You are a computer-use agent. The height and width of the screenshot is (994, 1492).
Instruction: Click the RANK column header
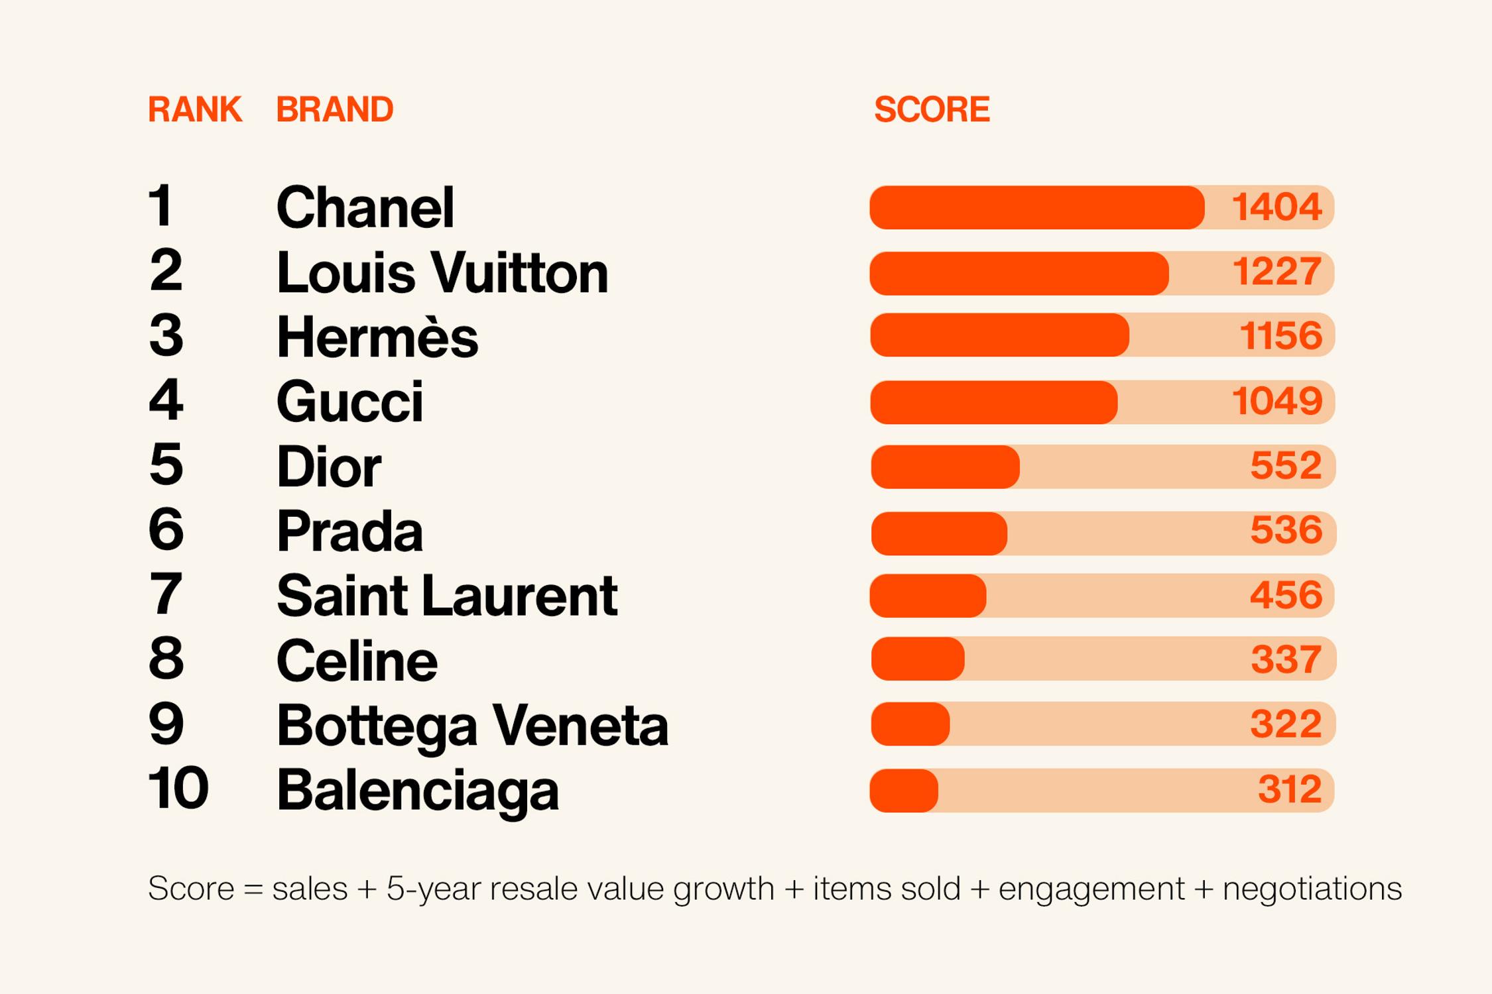(x=194, y=109)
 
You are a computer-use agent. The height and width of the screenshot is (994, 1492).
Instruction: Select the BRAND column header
(x=334, y=109)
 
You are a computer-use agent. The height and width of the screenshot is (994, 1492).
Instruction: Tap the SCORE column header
(x=932, y=109)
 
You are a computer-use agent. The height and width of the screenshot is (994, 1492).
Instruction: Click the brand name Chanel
(x=365, y=207)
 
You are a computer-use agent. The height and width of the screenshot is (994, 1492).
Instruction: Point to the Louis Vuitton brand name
(x=442, y=272)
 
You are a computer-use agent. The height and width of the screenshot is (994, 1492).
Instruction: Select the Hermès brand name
(x=377, y=337)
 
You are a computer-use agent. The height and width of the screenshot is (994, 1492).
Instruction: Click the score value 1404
(x=1276, y=207)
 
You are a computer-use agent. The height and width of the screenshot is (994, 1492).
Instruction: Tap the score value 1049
(x=1276, y=402)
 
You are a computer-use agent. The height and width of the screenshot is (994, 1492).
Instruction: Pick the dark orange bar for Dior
(x=945, y=467)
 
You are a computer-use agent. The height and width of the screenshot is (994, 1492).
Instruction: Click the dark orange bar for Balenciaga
(x=904, y=790)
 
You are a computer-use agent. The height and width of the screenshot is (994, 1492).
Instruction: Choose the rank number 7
(x=165, y=594)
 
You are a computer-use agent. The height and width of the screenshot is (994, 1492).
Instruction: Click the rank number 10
(x=178, y=789)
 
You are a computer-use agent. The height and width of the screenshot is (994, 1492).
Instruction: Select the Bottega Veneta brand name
(x=472, y=725)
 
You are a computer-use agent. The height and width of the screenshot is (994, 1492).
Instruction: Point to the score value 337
(x=1286, y=659)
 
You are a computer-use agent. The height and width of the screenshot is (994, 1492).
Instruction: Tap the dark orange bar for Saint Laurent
(x=928, y=595)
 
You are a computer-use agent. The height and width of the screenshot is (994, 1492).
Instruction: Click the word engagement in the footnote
(x=1091, y=889)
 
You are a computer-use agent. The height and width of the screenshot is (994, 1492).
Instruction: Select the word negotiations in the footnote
(x=1312, y=889)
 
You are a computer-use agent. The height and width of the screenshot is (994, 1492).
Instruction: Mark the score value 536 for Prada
(x=1286, y=531)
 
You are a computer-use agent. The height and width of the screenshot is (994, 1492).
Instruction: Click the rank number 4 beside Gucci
(x=165, y=400)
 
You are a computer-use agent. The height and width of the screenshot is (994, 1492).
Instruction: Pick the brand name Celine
(x=357, y=661)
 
